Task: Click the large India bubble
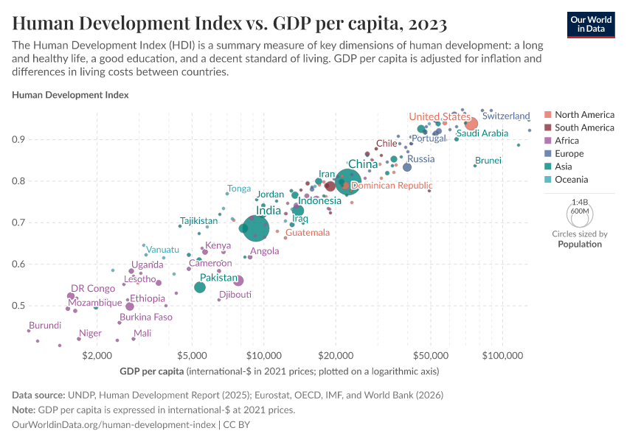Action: click(255, 228)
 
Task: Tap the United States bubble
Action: click(471, 124)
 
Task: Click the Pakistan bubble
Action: click(200, 287)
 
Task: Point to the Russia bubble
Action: click(407, 167)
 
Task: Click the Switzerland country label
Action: click(506, 116)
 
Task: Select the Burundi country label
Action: click(45, 325)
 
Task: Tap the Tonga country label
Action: click(239, 189)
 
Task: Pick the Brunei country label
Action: click(488, 161)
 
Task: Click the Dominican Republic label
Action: click(391, 186)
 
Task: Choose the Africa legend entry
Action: click(567, 141)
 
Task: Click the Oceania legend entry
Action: click(571, 180)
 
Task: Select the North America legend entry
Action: click(584, 115)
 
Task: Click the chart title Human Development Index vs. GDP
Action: click(229, 24)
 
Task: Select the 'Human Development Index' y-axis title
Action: click(71, 95)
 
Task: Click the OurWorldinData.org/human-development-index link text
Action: click(114, 425)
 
